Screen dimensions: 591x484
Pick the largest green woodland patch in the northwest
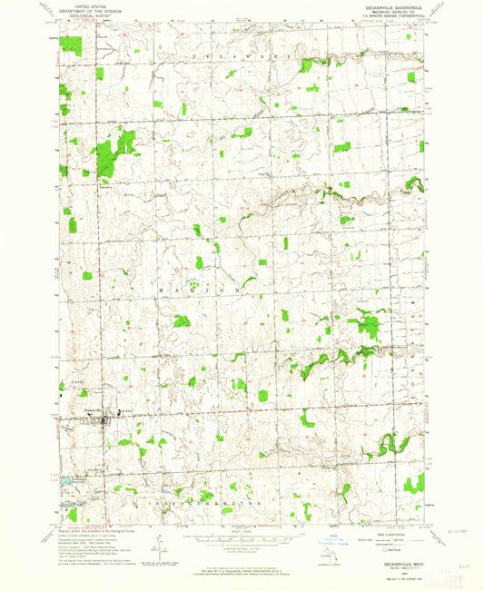(114, 152)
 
